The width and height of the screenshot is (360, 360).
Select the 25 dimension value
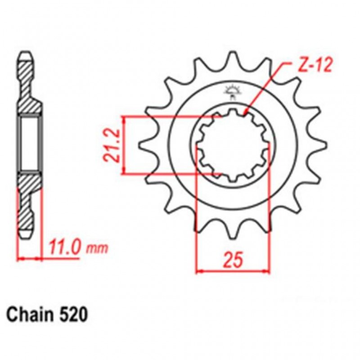pos(234,260)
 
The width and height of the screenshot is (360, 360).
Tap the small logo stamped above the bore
pos(233,92)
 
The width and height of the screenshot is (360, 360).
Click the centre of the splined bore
pos(234,144)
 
